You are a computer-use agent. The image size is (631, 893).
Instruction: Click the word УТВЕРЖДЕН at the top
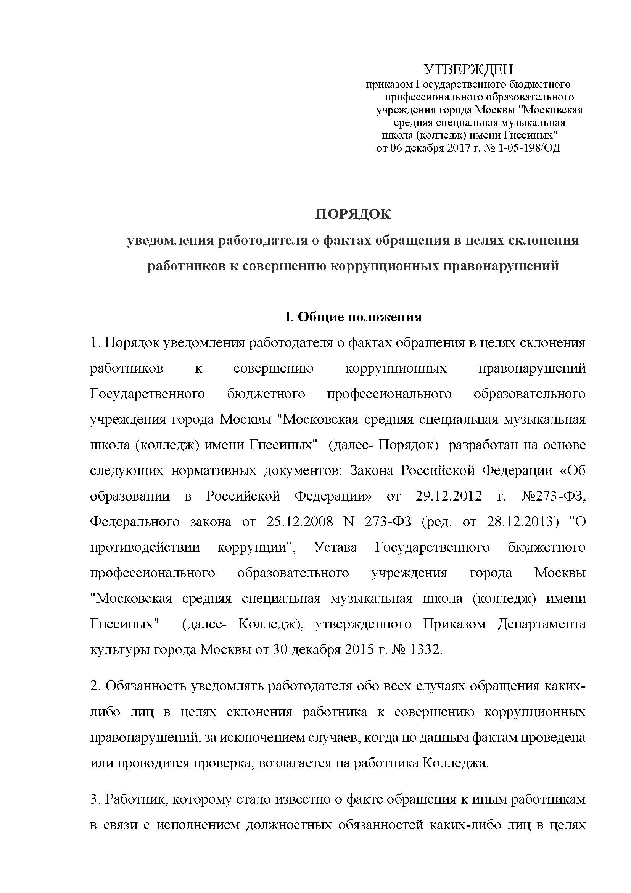click(x=468, y=69)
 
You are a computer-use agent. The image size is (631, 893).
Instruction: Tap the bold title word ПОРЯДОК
click(x=353, y=214)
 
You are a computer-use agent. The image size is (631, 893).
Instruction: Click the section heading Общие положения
click(x=360, y=317)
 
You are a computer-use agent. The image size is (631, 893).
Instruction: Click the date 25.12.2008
click(x=299, y=522)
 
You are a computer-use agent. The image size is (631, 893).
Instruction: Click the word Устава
click(x=336, y=547)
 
